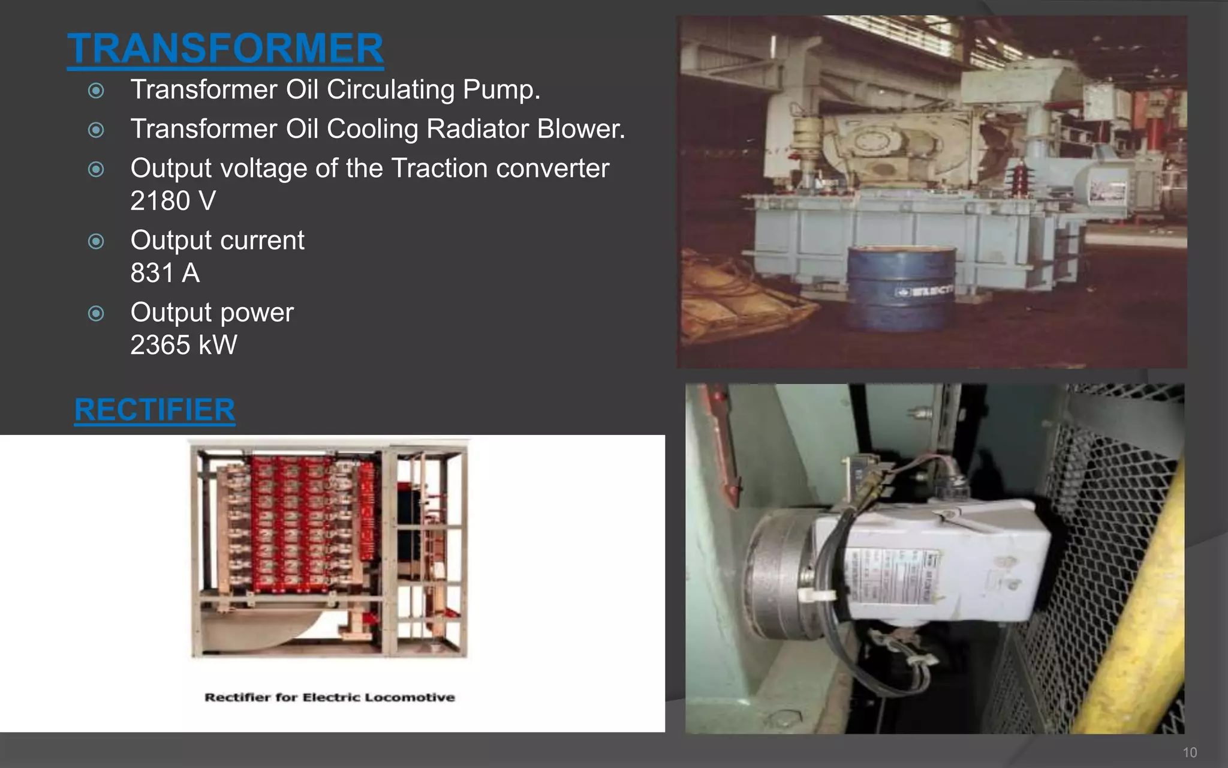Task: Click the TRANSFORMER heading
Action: [225, 49]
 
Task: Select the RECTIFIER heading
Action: [155, 410]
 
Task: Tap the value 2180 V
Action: [173, 201]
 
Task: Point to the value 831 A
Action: [165, 273]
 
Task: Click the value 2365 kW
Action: [183, 345]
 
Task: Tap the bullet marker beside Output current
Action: [96, 241]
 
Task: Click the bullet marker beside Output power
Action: [96, 313]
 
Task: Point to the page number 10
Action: [1190, 752]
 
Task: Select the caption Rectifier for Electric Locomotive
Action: [329, 697]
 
